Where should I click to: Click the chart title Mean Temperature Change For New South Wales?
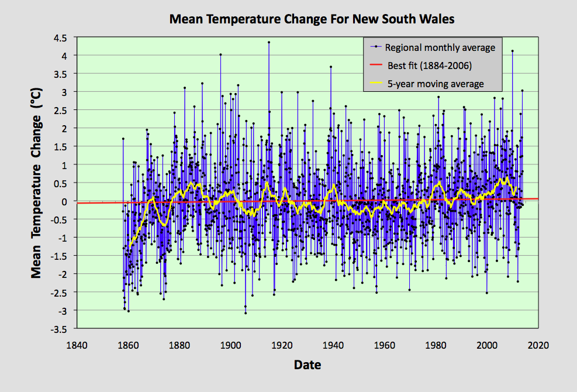point(312,19)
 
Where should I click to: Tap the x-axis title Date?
point(307,365)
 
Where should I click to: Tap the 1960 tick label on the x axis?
point(383,345)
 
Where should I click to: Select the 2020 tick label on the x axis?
point(537,345)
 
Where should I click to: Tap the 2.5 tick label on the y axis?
point(61,110)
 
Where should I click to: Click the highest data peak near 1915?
point(269,42)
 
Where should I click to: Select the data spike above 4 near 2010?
point(512,51)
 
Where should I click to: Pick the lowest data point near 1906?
point(246,313)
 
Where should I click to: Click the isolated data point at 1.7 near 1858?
point(123,139)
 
